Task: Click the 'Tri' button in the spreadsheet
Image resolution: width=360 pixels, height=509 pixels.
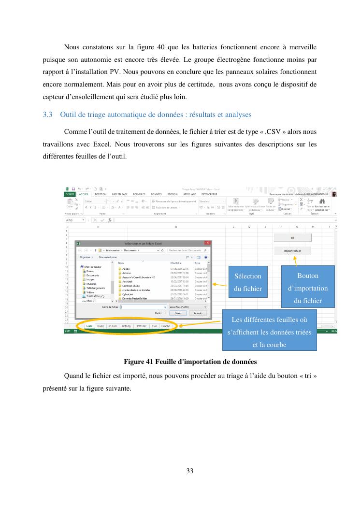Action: (x=292, y=237)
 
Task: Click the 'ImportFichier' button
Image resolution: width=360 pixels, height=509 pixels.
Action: (x=292, y=250)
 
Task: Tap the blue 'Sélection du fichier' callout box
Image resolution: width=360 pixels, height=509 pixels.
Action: (x=248, y=282)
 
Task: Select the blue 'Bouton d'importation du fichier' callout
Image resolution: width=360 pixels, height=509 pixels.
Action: (x=308, y=289)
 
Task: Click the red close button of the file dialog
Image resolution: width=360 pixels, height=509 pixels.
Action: (x=207, y=243)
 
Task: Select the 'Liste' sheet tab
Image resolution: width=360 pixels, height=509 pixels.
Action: (x=89, y=326)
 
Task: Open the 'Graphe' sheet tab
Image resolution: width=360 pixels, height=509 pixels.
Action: (x=166, y=326)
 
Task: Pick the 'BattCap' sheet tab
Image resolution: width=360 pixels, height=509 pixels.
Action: (x=126, y=326)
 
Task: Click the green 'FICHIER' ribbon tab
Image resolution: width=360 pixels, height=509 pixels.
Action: (x=70, y=194)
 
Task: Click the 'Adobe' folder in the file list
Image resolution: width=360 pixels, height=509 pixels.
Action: (x=126, y=268)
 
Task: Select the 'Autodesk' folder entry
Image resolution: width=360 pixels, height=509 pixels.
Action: (x=128, y=281)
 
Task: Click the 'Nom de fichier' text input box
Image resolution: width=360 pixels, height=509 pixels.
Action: (x=143, y=306)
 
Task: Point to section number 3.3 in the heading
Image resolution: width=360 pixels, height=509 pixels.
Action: (x=47, y=115)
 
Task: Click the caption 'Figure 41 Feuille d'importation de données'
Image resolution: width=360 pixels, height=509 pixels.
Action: (x=190, y=361)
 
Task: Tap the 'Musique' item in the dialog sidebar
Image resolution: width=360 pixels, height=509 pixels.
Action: (x=91, y=284)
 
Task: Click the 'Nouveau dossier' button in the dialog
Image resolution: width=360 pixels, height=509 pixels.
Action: (x=108, y=257)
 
